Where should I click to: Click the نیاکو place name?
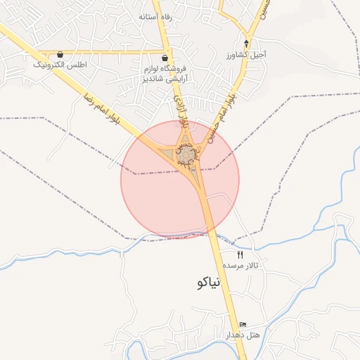point(205,283)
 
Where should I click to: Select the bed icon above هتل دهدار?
point(243,324)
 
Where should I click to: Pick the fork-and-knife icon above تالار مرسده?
point(240,255)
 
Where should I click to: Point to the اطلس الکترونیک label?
point(60,65)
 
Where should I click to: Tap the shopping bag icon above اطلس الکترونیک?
point(60,54)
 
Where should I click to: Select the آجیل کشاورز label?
point(246,53)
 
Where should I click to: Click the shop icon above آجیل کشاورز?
point(246,43)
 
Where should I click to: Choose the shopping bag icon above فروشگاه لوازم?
point(165,58)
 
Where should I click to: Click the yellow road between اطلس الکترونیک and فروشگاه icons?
point(112,52)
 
